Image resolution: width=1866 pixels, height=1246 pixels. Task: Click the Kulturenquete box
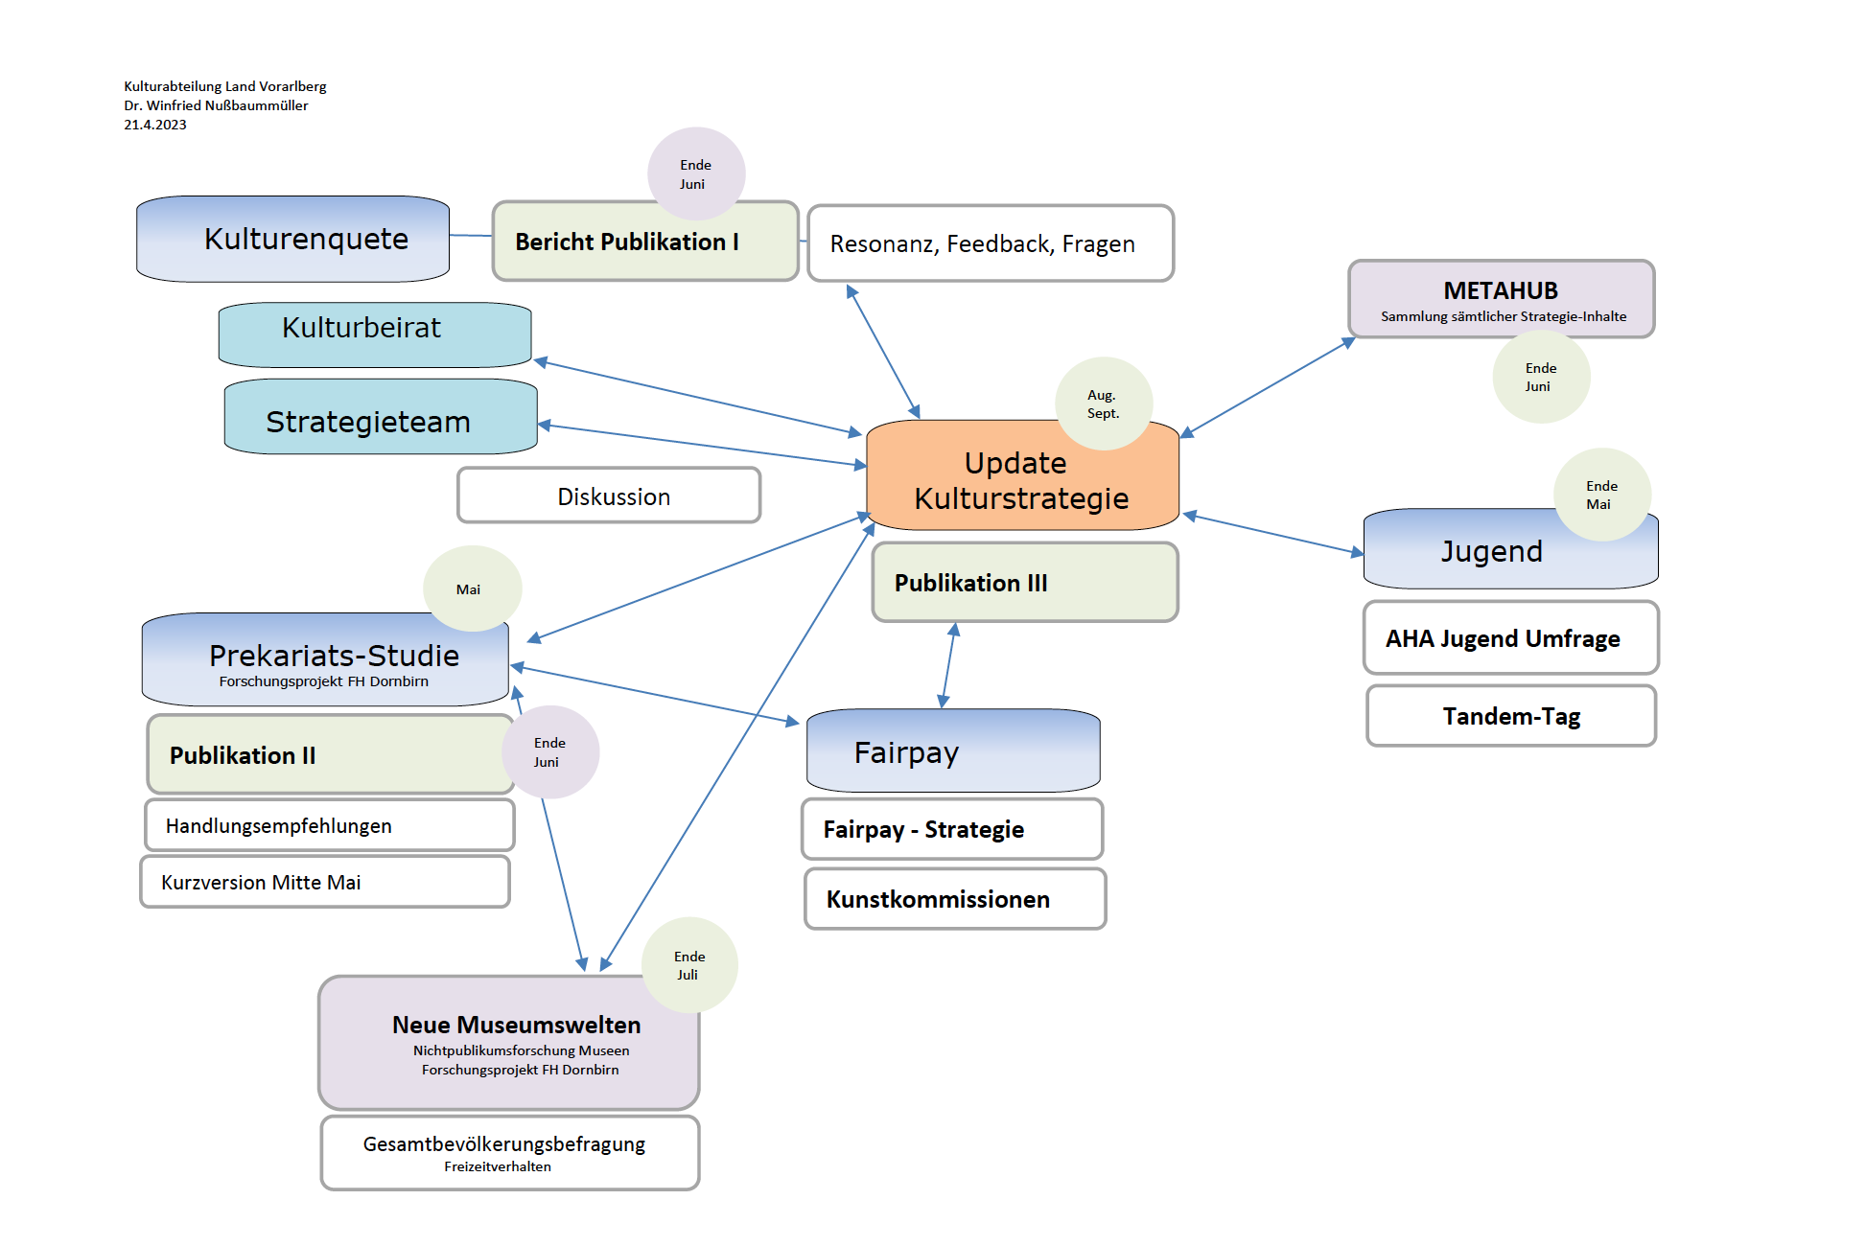292,239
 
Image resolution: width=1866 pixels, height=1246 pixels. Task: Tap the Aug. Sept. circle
1103,404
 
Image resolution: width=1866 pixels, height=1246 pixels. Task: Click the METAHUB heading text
1500,290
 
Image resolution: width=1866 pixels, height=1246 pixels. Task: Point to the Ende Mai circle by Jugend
1601,495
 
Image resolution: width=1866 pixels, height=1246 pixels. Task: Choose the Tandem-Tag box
1510,716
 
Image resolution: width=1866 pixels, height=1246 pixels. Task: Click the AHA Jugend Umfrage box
1510,638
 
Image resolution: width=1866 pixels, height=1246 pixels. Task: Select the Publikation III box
1024,583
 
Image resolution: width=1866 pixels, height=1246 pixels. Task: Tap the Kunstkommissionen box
954,899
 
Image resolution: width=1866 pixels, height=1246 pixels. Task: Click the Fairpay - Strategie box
951,829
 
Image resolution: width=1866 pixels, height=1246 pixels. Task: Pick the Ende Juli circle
688,965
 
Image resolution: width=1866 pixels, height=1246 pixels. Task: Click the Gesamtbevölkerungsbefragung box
509,1152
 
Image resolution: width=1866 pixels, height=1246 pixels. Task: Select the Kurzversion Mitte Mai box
324,882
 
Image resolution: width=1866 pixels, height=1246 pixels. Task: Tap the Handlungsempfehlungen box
329,825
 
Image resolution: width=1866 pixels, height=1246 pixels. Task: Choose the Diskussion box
609,496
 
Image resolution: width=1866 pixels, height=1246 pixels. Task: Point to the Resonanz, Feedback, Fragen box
990,243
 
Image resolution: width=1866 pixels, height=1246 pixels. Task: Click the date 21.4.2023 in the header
155,125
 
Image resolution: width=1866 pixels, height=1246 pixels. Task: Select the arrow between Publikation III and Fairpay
948,665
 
